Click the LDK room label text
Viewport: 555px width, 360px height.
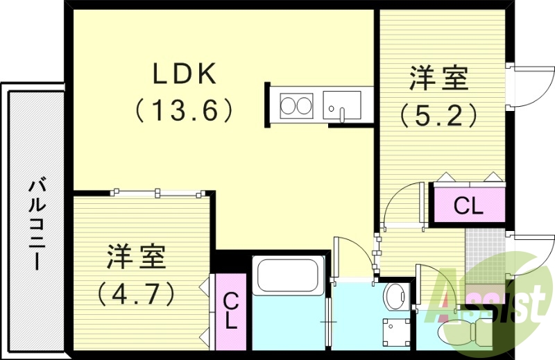click(185, 74)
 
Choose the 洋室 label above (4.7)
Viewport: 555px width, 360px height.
click(136, 258)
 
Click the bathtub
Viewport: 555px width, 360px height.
click(288, 275)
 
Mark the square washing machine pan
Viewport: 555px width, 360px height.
click(396, 332)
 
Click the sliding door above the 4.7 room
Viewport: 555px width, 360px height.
click(159, 192)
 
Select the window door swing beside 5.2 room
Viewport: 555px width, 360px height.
click(531, 87)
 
